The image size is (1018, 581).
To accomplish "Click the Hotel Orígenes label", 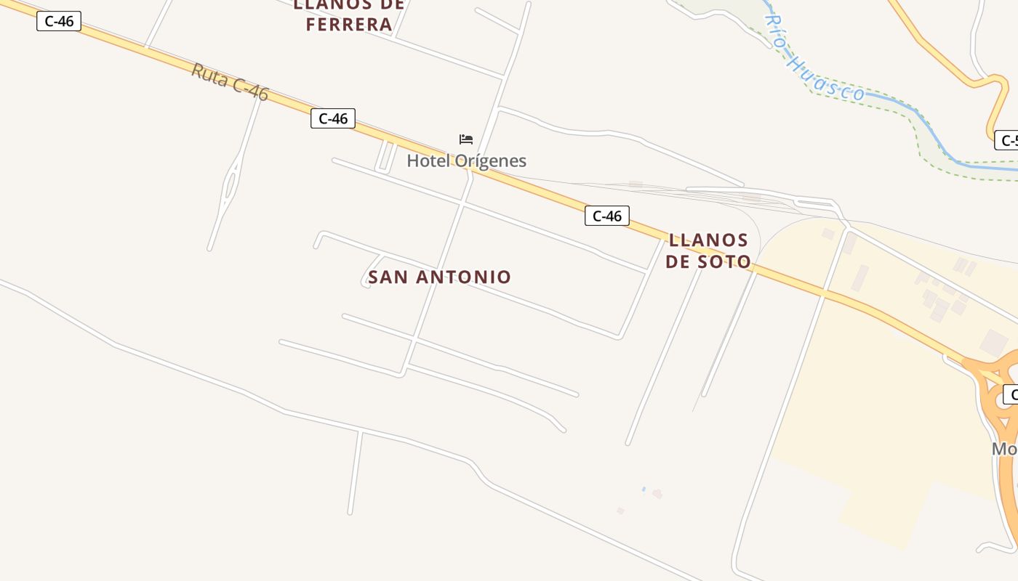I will point(466,161).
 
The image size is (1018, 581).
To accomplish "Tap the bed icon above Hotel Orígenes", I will point(466,139).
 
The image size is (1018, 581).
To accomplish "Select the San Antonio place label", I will point(439,277).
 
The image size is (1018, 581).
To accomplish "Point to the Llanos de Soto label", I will point(708,251).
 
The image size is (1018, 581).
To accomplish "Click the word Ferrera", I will point(349,24).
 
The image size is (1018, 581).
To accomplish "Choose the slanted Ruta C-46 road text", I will point(230,81).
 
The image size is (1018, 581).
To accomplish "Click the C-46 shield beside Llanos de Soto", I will point(606,216).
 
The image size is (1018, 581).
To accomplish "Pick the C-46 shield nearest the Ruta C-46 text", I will point(332,118).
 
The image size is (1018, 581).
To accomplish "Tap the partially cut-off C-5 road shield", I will point(1006,140).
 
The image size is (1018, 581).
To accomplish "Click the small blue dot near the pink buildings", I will point(644,489).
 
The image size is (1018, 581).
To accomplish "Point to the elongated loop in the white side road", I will point(231,184).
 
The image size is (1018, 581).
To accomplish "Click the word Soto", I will point(724,261).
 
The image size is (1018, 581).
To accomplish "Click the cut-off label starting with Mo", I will point(1005,449).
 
